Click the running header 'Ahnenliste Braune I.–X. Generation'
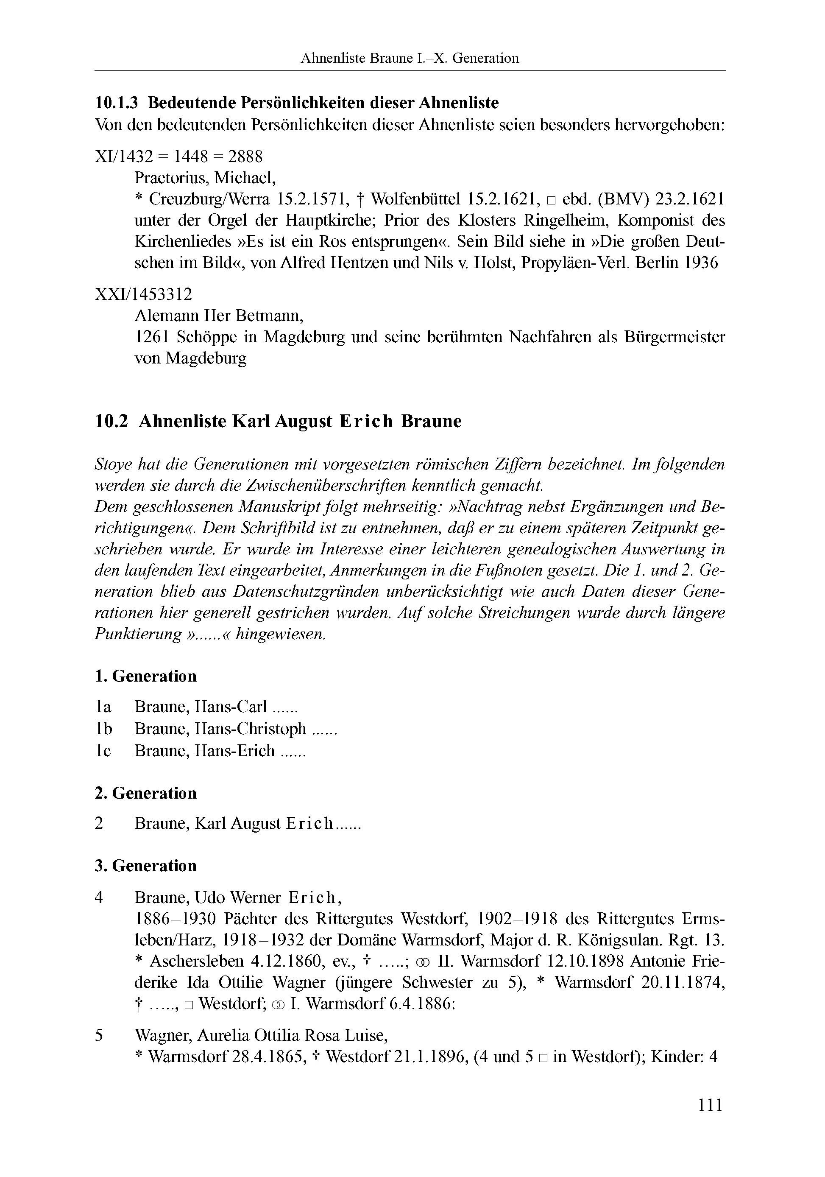(410, 59)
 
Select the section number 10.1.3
(117, 103)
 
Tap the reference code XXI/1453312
(143, 294)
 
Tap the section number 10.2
(111, 421)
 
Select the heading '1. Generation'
(146, 676)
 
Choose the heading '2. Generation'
(146, 793)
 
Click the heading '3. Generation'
(146, 866)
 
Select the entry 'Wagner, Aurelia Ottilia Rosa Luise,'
(261, 1035)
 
